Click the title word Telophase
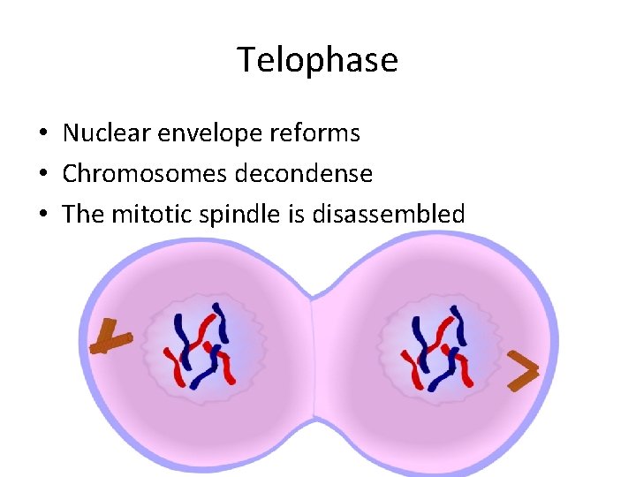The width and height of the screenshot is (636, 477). tap(317, 61)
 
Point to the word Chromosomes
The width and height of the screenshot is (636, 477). tap(145, 174)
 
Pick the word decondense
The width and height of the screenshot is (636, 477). tap(304, 174)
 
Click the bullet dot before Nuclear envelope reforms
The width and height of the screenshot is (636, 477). tap(43, 134)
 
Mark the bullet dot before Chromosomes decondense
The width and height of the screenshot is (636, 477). tap(43, 175)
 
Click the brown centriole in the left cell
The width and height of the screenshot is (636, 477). tap(111, 338)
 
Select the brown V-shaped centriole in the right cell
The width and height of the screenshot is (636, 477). tap(523, 371)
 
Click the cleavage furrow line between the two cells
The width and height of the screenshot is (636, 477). tap(314, 353)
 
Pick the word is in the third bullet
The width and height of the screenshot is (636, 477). tap(291, 215)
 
